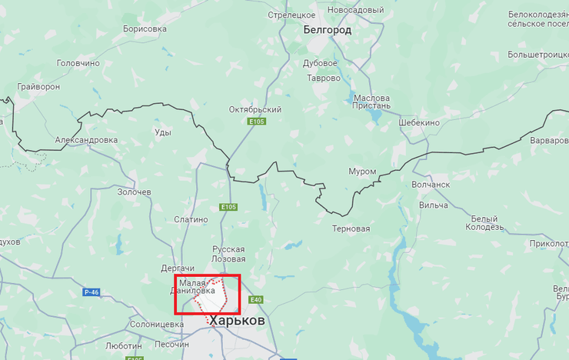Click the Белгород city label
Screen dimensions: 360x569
327,30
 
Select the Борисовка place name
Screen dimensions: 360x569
145,29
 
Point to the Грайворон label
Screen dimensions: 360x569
38,87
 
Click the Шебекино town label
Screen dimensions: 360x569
419,123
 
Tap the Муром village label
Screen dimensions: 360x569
362,172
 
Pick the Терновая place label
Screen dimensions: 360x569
351,229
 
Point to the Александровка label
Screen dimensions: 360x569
86,140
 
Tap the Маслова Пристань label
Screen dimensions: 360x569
371,103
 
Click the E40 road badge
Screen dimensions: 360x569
257,299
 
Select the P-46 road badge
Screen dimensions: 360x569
92,292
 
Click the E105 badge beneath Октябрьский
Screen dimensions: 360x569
256,122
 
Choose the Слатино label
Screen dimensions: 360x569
191,219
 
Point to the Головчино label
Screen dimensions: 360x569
78,64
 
